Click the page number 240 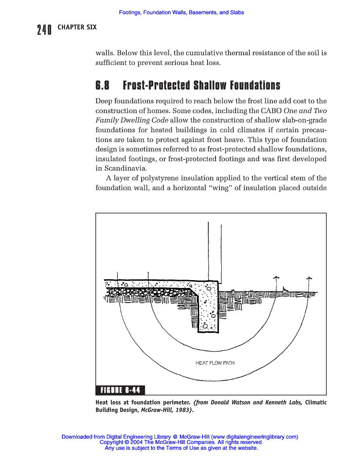(45, 29)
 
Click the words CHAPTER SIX (77, 27)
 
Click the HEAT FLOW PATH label (215, 363)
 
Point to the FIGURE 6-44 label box (120, 391)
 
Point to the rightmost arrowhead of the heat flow (309, 278)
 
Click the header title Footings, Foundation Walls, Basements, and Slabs (181, 12)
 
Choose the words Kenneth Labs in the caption (285, 403)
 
